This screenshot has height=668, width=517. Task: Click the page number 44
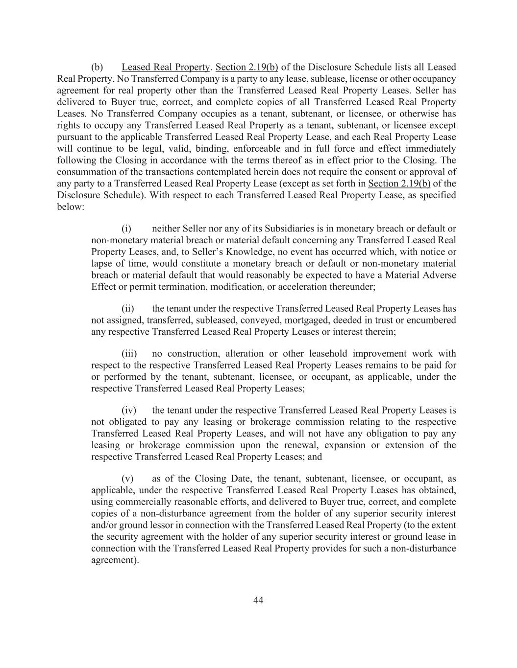(x=259, y=600)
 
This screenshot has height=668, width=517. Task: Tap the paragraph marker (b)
(x=97, y=67)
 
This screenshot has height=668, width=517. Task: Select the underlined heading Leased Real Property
(x=166, y=67)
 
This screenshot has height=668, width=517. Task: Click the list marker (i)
(x=127, y=229)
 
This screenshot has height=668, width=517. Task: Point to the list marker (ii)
(x=128, y=309)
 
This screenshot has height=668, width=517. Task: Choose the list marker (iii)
(x=129, y=353)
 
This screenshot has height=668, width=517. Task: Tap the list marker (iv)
(x=129, y=410)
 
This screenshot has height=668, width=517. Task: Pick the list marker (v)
(x=127, y=479)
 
